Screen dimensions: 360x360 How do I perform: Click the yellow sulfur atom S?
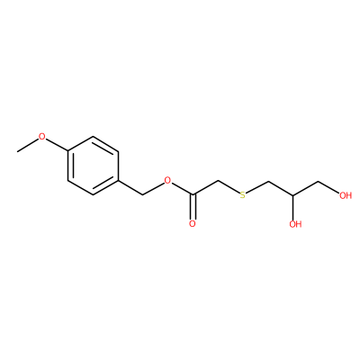[242, 195]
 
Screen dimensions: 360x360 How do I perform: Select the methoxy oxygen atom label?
[42, 137]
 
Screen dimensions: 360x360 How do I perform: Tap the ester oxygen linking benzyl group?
[167, 181]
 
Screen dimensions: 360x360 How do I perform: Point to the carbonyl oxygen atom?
[193, 224]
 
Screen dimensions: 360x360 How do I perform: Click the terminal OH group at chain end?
[346, 195]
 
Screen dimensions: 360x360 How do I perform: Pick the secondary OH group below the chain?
[295, 224]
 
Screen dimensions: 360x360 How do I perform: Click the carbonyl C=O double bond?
[193, 207]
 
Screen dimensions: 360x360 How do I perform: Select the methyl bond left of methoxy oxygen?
[28, 146]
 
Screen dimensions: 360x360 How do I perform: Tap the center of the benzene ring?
[93, 166]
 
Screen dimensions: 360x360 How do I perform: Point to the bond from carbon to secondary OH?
[292, 207]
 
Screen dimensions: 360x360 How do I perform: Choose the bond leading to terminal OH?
[328, 187]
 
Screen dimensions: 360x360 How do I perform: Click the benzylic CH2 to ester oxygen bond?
[153, 189]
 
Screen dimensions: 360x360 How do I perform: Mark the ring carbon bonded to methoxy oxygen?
[68, 152]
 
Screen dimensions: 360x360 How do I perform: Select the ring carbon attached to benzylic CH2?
[118, 181]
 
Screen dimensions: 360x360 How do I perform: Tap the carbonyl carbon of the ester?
[193, 195]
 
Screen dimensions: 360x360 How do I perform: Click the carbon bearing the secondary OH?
[292, 195]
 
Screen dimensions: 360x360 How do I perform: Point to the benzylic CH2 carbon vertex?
[143, 195]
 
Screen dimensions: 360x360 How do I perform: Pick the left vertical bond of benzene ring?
[68, 166]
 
